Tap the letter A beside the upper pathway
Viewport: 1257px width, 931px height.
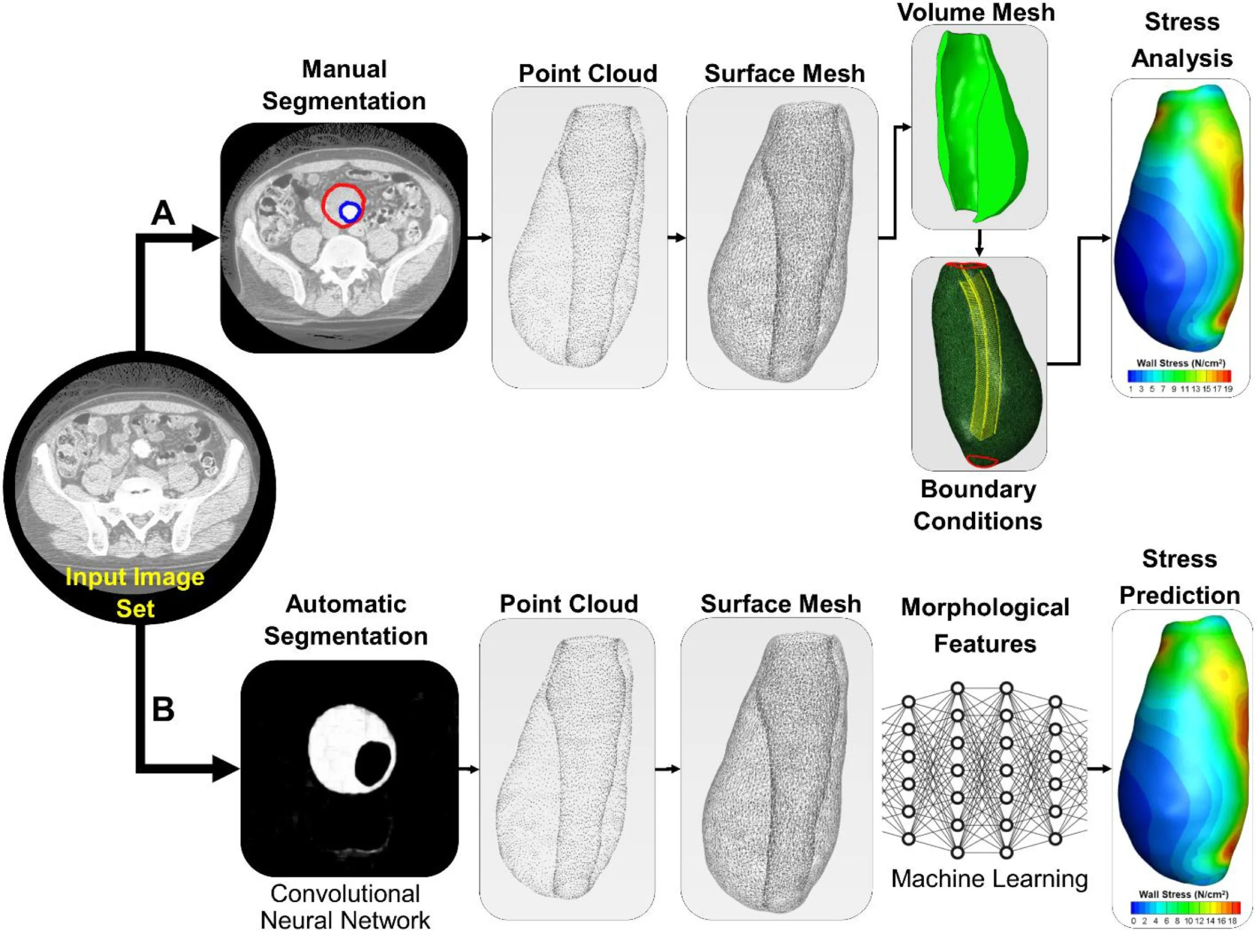(163, 214)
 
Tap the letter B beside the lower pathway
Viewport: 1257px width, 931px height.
(163, 710)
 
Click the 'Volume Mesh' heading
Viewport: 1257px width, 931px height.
(976, 13)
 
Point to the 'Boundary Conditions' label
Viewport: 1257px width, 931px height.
(977, 505)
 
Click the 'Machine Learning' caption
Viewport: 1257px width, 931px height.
(990, 878)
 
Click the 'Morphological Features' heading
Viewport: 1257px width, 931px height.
(985, 626)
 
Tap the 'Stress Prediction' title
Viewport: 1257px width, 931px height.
(1179, 577)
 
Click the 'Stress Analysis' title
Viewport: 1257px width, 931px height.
(1182, 40)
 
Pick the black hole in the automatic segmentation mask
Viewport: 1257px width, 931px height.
(373, 764)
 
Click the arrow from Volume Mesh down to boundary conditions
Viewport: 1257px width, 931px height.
(979, 242)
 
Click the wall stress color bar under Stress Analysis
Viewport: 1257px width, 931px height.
(1179, 376)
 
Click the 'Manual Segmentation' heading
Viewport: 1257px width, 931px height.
(344, 85)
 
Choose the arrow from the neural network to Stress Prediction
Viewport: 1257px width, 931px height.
(1099, 769)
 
